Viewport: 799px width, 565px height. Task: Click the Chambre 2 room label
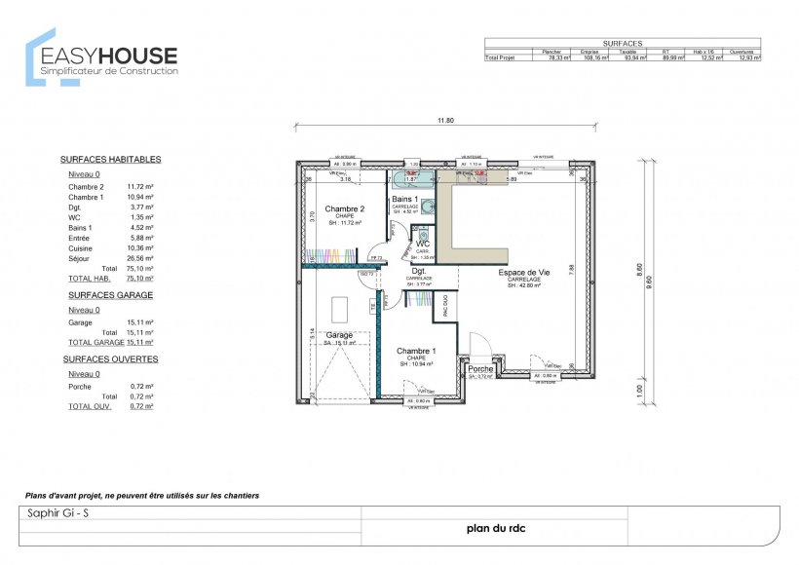click(344, 208)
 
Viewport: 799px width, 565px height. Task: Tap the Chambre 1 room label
click(415, 351)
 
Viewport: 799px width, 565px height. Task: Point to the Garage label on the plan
click(339, 334)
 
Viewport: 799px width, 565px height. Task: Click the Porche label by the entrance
click(479, 369)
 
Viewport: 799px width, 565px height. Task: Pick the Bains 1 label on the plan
click(404, 200)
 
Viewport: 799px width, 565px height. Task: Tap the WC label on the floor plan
click(423, 244)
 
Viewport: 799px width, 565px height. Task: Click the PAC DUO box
click(445, 307)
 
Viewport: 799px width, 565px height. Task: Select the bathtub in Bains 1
click(411, 179)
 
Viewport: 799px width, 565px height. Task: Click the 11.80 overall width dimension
click(445, 121)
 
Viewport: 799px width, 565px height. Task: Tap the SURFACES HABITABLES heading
click(110, 159)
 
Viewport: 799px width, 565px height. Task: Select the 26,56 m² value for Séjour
click(140, 259)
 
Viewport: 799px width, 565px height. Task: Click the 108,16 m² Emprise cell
click(594, 58)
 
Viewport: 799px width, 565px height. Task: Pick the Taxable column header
click(628, 51)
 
